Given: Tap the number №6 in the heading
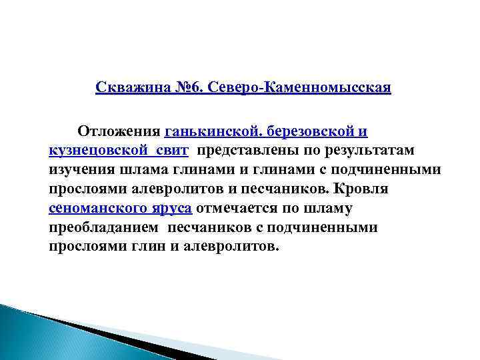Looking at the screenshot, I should coord(186,88).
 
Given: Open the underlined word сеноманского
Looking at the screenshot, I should coord(97,208).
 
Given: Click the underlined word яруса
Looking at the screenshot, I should coord(170,208).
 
